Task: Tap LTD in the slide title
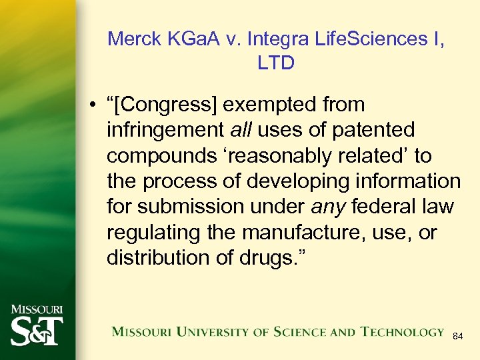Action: (x=276, y=63)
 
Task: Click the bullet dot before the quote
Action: (x=97, y=105)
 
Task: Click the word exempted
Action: (x=271, y=105)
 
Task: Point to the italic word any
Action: (x=327, y=207)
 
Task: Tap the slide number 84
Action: (x=457, y=337)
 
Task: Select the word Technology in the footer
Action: (x=403, y=331)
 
